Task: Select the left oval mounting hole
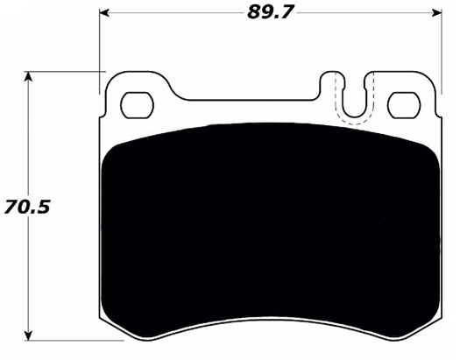135,105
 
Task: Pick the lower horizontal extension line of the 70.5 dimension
61,340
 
